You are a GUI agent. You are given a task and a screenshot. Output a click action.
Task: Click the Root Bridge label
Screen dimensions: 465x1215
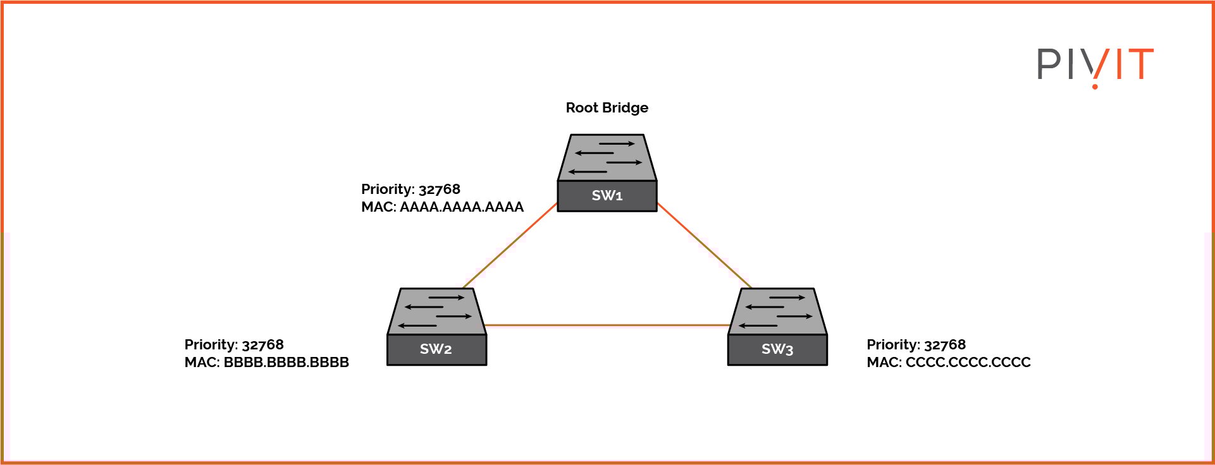point(607,108)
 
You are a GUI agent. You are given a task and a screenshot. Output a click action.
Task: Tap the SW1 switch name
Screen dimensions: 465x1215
point(607,196)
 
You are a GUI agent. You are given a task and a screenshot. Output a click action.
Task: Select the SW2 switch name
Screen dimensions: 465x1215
point(436,349)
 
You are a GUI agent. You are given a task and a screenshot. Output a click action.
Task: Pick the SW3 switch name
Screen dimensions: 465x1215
point(777,349)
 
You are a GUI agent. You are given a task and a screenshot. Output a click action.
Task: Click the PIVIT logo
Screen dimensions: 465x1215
point(1095,66)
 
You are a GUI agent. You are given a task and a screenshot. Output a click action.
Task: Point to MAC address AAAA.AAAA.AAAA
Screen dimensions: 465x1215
point(461,207)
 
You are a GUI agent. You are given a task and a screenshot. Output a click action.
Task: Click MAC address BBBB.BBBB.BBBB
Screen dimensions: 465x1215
point(286,363)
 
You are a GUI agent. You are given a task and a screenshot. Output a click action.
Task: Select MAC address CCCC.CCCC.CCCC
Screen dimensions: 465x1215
point(968,363)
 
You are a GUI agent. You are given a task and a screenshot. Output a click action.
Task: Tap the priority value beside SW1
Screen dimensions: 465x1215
point(439,190)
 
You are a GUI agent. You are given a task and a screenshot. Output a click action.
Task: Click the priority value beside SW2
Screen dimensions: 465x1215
point(262,345)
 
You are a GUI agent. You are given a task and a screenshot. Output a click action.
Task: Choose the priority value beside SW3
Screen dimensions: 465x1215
point(944,345)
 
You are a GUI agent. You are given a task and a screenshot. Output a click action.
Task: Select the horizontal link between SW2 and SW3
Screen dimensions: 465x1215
point(607,325)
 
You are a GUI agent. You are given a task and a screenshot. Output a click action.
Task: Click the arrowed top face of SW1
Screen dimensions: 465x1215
point(607,157)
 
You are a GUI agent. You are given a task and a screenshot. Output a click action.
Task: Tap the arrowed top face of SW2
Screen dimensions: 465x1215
point(436,311)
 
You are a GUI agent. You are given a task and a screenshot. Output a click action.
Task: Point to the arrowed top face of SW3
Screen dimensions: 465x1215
point(777,311)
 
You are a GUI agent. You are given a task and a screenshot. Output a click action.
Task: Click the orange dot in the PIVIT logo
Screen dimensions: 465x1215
point(1095,86)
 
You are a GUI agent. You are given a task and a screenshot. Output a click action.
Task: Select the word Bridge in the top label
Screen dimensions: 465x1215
point(625,108)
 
